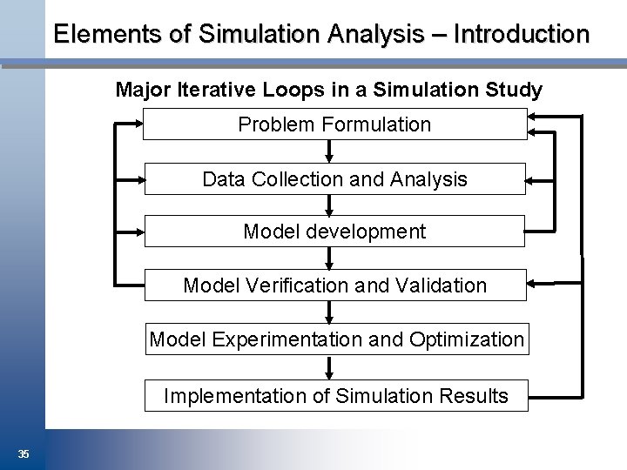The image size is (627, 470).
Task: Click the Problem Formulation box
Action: (x=334, y=124)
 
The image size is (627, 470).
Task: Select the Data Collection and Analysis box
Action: (x=334, y=179)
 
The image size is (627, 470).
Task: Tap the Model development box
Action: (x=334, y=232)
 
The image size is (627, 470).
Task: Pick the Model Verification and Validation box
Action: (x=334, y=285)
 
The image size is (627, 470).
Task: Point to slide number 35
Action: (x=24, y=453)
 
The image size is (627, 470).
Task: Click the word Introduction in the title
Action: (x=522, y=34)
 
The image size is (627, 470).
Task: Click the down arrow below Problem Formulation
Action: (x=329, y=152)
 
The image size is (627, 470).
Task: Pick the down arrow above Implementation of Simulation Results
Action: (x=329, y=368)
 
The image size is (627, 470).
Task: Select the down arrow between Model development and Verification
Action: (x=329, y=259)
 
